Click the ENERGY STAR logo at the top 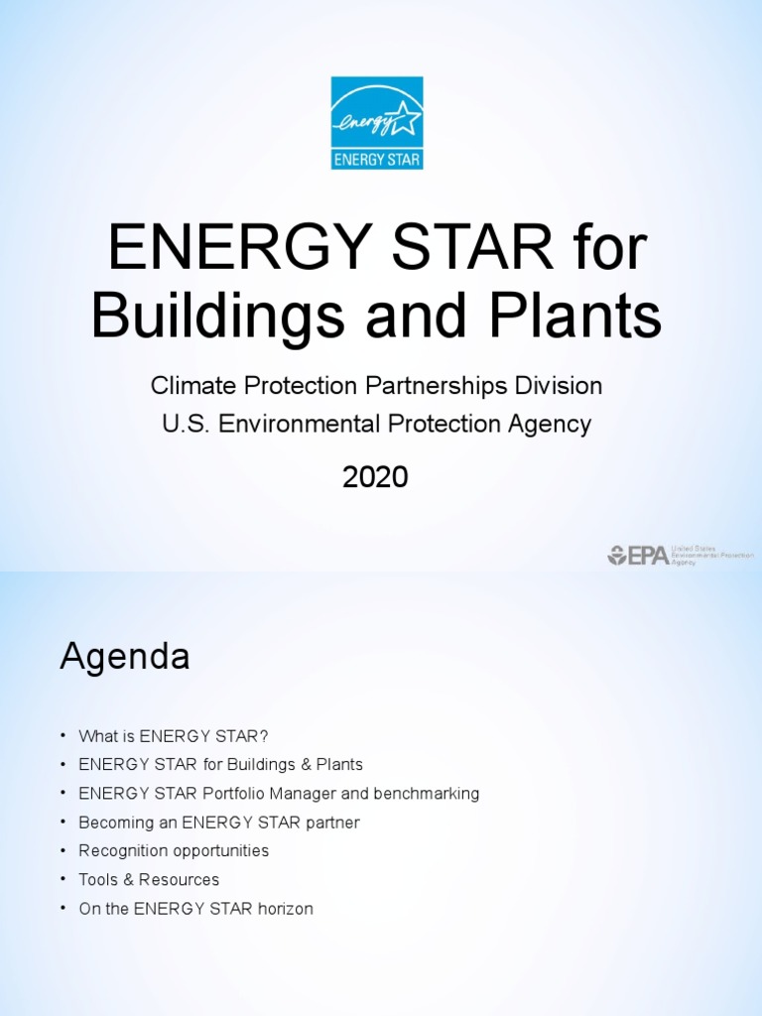(377, 123)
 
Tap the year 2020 (375, 477)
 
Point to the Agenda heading (125, 657)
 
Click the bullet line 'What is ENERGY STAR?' (174, 736)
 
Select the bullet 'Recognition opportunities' (174, 851)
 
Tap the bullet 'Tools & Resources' (149, 880)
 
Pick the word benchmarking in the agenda (428, 794)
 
